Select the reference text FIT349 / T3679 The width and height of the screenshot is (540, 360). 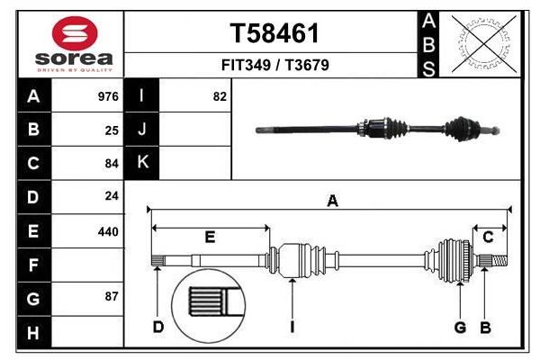click(x=274, y=66)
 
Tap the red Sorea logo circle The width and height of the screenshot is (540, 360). click(x=85, y=33)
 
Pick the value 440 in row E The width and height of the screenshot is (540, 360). click(x=108, y=231)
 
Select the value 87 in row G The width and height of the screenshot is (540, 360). click(x=112, y=296)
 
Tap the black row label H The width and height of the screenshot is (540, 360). click(x=33, y=334)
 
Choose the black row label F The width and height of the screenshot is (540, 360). click(x=33, y=266)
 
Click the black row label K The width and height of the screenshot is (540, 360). click(x=142, y=162)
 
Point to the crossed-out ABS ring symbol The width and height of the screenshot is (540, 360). click(x=484, y=43)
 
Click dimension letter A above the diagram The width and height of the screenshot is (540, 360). click(x=332, y=202)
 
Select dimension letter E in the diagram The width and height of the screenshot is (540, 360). click(x=210, y=238)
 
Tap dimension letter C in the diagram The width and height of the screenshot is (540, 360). click(x=488, y=238)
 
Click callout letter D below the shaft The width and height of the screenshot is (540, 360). click(x=157, y=327)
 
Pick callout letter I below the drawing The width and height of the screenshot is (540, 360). click(x=292, y=327)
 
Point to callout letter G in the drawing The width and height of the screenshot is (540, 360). click(x=460, y=327)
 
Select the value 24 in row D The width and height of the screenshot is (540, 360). click(x=112, y=195)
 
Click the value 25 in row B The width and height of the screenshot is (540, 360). click(x=112, y=130)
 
